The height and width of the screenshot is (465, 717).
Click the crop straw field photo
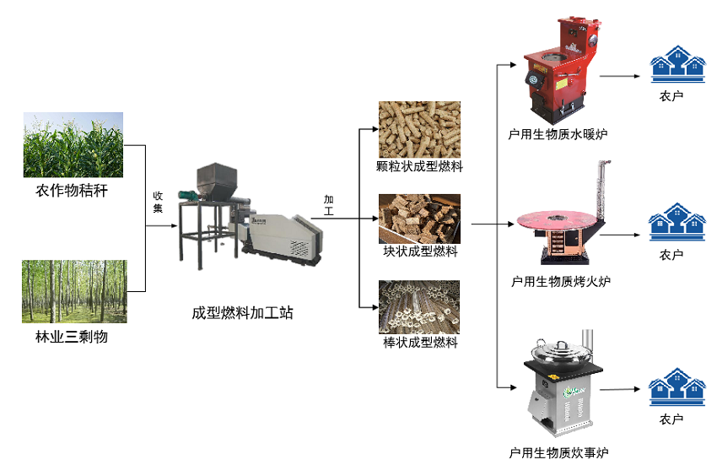pos(73,144)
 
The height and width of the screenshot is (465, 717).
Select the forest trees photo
pos(74,291)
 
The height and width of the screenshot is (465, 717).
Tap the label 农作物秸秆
pos(73,191)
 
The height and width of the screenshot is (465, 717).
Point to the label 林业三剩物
pos(73,338)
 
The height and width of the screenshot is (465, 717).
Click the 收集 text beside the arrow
pos(158,202)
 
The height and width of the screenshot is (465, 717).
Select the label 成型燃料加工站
pos(243,313)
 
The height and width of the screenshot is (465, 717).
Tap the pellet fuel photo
pos(418,129)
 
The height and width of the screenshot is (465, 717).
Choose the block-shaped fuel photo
pos(418,218)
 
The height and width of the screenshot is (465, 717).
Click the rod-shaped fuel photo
pos(418,307)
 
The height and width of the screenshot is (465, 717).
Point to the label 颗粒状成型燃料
pos(419,166)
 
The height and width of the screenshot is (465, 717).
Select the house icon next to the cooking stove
pos(677,390)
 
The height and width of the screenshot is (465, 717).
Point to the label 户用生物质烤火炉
pos(560,282)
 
